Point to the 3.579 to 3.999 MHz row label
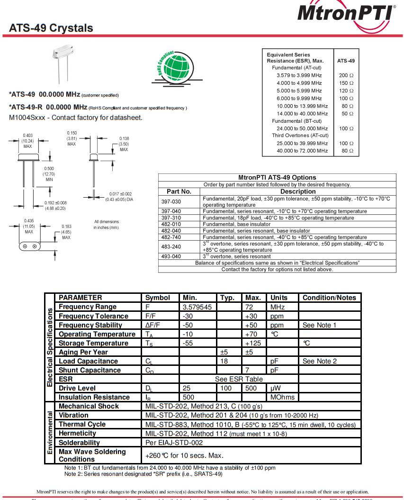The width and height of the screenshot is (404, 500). pos(299,75)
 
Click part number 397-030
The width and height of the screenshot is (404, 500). pos(171,201)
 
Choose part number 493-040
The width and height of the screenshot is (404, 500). pos(171,256)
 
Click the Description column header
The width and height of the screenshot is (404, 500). pos(298,191)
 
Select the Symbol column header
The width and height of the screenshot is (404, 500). pos(157,298)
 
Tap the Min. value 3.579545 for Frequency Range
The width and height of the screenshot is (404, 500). pos(197,307)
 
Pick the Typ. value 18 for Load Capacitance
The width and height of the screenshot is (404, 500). pos(224,361)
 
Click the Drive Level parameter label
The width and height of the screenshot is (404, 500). pos(77,388)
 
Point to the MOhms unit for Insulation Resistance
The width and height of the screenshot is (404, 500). pos(282,397)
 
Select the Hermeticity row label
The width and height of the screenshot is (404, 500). pos(77,433)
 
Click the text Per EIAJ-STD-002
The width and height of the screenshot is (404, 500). pos(174,442)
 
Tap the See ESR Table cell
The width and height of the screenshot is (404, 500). pos(239,379)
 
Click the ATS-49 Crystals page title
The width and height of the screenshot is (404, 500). pos(51,28)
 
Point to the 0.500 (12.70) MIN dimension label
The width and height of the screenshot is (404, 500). pos(49,174)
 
